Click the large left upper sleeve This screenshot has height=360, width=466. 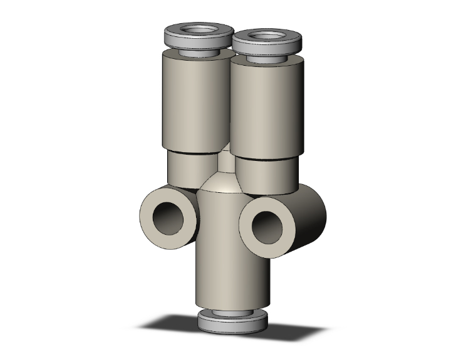click(194, 103)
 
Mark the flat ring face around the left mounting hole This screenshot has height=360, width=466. click(150, 216)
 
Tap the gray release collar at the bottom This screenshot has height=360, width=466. click(231, 322)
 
